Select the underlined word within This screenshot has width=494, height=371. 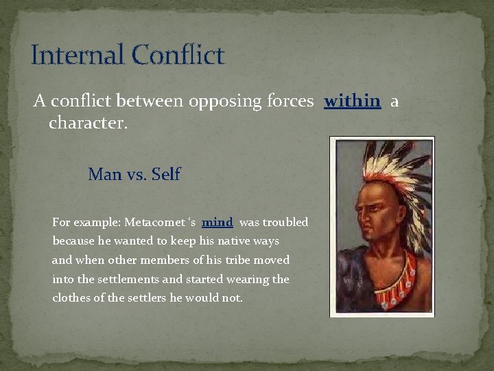(x=352, y=102)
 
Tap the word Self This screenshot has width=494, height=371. (x=165, y=175)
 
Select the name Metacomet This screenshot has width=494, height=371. (x=154, y=223)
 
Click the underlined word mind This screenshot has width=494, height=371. (x=217, y=223)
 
